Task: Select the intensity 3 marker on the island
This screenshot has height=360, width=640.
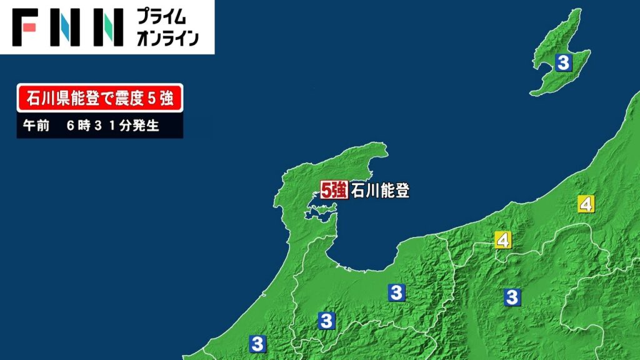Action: tap(564, 62)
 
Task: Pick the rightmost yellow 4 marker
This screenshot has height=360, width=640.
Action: tap(586, 204)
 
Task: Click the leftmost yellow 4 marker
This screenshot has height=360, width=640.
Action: tap(502, 239)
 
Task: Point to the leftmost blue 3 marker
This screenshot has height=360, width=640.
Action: tap(257, 343)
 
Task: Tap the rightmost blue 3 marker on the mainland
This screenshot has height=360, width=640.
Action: tap(512, 297)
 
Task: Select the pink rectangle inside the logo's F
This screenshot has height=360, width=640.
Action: tap(29, 27)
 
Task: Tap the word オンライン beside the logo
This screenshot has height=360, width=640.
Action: tap(167, 38)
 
